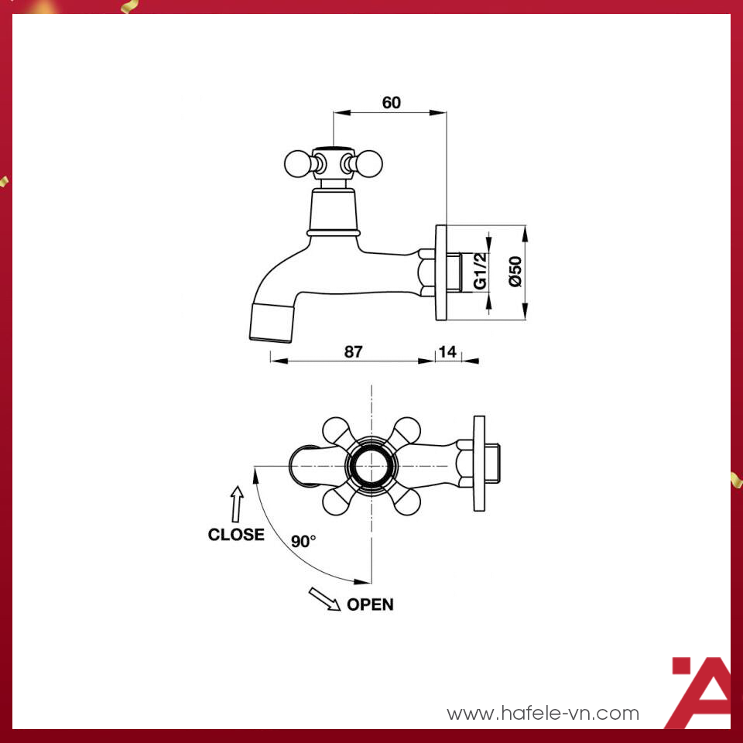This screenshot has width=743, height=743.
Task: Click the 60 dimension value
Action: point(392,103)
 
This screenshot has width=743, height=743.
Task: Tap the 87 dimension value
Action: point(353,351)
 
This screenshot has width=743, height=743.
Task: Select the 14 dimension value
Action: point(447,351)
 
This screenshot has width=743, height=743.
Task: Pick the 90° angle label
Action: point(303,541)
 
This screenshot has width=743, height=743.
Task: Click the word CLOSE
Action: point(236,534)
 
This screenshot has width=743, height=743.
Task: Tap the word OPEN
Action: point(370,604)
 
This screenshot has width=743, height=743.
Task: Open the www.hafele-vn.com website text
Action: point(543,713)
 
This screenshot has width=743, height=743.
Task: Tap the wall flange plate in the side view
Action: point(442,272)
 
